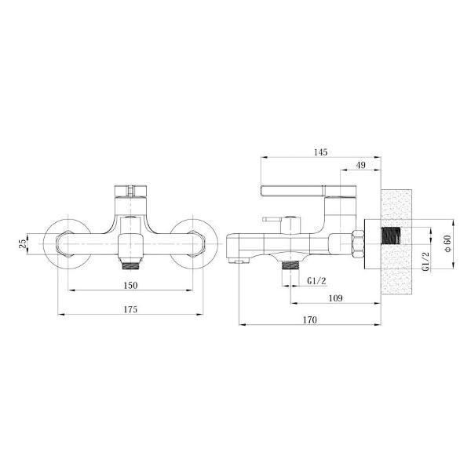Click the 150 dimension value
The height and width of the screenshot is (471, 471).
pyautogui.click(x=130, y=285)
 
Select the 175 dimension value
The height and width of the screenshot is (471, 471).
pyautogui.click(x=130, y=309)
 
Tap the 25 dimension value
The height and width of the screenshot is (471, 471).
pyautogui.click(x=23, y=244)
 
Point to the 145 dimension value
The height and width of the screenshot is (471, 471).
pyautogui.click(x=320, y=152)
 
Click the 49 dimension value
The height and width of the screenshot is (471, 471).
pyautogui.click(x=360, y=165)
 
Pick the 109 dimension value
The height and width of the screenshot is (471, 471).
pyautogui.click(x=335, y=298)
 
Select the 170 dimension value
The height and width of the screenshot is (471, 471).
pyautogui.click(x=309, y=319)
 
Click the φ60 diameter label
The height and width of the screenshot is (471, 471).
pyautogui.click(x=447, y=243)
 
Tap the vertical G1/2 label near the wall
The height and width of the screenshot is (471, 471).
pyautogui.click(x=425, y=261)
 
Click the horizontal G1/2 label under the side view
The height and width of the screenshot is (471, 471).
pyautogui.click(x=316, y=281)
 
